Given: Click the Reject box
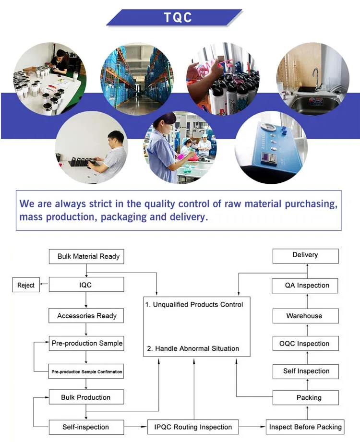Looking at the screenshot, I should coord(26,286).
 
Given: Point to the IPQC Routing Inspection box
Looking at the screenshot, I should coord(193,427).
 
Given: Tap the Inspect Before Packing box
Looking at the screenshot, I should coord(305,427).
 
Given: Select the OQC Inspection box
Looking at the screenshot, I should coord(305,344).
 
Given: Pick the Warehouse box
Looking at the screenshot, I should coord(305,316).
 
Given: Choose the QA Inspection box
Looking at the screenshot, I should coord(305,286).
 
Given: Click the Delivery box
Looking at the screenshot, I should coord(305,255).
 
